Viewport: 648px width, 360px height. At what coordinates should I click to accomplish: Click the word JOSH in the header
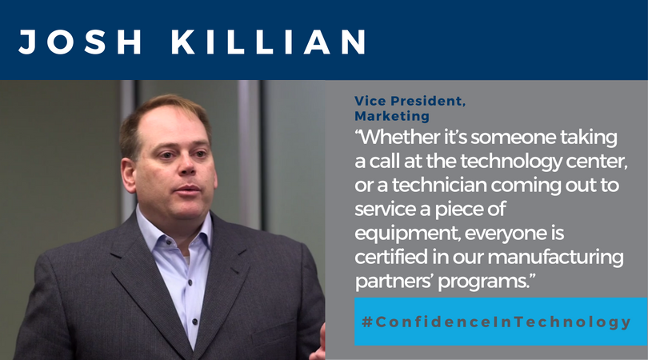coord(80,42)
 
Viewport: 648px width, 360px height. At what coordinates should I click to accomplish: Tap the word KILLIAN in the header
coord(269,42)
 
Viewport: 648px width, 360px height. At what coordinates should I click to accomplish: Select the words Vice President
coord(409,101)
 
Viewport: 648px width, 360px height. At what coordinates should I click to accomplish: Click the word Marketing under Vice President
coord(392,116)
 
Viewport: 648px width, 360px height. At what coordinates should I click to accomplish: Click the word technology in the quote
coord(510,162)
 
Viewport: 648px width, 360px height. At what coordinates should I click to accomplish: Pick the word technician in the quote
coord(439,185)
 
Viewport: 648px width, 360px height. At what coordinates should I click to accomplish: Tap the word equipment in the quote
coord(407,234)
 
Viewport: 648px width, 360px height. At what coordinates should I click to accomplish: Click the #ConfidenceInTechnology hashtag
coord(496,322)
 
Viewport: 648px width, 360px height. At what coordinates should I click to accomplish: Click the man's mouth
coord(188,190)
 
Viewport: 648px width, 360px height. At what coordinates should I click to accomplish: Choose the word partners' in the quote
coord(394,282)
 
